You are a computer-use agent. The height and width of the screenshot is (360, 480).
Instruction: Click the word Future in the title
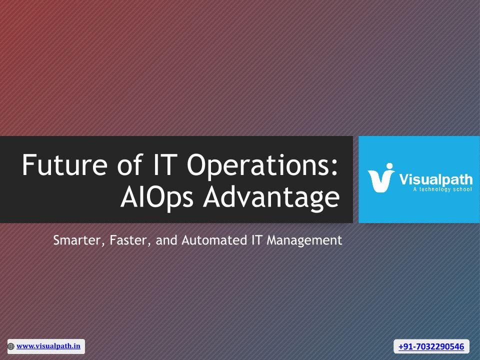click(x=64, y=164)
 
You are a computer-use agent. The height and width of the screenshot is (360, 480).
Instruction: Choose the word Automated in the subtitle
click(x=214, y=240)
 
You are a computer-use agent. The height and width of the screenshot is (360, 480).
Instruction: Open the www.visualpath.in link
click(x=48, y=346)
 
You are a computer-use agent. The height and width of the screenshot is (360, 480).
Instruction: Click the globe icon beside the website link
click(x=11, y=346)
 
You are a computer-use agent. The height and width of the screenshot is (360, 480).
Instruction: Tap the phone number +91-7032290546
click(x=431, y=346)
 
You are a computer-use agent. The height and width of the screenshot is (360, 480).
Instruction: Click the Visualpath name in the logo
click(x=435, y=179)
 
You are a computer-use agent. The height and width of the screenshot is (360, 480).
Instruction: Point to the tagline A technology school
click(x=442, y=189)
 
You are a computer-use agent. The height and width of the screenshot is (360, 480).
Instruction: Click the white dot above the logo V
click(x=389, y=166)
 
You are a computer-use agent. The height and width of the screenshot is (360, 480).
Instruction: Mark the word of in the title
click(x=130, y=164)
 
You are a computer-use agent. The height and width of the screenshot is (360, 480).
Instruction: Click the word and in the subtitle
click(x=166, y=240)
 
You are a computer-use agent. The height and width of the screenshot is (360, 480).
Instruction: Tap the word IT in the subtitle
click(x=257, y=240)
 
